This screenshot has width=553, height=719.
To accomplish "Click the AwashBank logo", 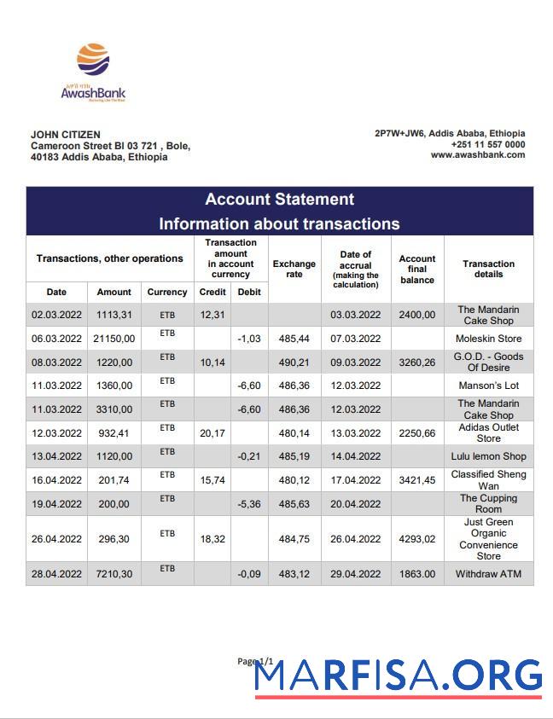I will pyautogui.click(x=93, y=72).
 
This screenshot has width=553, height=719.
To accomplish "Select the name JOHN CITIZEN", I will pyautogui.click(x=65, y=135).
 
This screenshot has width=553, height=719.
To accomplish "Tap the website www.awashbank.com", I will pyautogui.click(x=477, y=155).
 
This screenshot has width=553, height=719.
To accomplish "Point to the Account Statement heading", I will pyautogui.click(x=279, y=200).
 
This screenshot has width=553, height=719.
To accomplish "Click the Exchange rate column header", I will pyautogui.click(x=294, y=270).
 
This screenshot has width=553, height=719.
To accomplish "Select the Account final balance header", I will pyautogui.click(x=417, y=270).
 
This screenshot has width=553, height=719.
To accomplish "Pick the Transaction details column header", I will pyautogui.click(x=488, y=270).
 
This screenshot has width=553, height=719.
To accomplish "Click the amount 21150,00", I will pyautogui.click(x=114, y=339).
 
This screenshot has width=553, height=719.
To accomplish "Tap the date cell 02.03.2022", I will pyautogui.click(x=56, y=315).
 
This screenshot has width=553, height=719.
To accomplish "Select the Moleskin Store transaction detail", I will pyautogui.click(x=488, y=339).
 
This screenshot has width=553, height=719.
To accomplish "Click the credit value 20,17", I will pyautogui.click(x=212, y=433).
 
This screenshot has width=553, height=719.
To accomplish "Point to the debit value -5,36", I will pyautogui.click(x=249, y=504).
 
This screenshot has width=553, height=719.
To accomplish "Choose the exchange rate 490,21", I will pyautogui.click(x=294, y=362).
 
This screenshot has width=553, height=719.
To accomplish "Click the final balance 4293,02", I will pyautogui.click(x=417, y=539).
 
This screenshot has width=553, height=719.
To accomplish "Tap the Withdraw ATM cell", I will pyautogui.click(x=488, y=574).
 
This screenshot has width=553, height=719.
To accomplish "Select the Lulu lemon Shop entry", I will pyautogui.click(x=488, y=456).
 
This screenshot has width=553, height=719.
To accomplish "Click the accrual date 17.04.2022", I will pyautogui.click(x=356, y=480).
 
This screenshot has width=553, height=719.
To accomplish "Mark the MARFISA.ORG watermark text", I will pyautogui.click(x=399, y=676).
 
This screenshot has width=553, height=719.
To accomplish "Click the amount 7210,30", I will pyautogui.click(x=114, y=574).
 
